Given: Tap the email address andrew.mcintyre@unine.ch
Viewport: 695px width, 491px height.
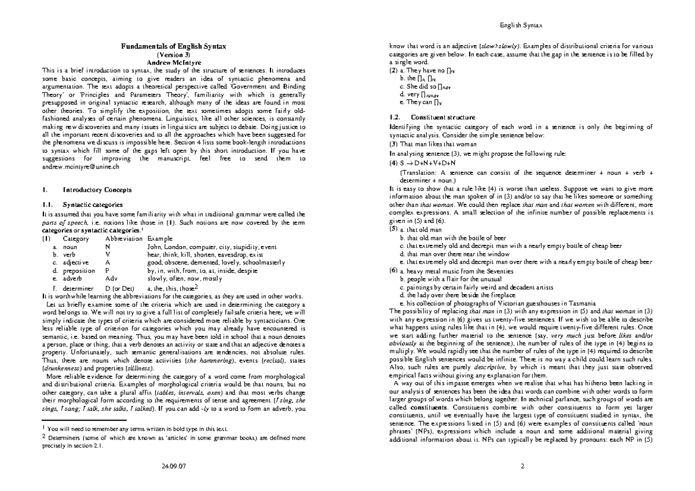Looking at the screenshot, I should pyautogui.click(x=81, y=166).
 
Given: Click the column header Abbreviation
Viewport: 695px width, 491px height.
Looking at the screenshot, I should pyautogui.click(x=123, y=239).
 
